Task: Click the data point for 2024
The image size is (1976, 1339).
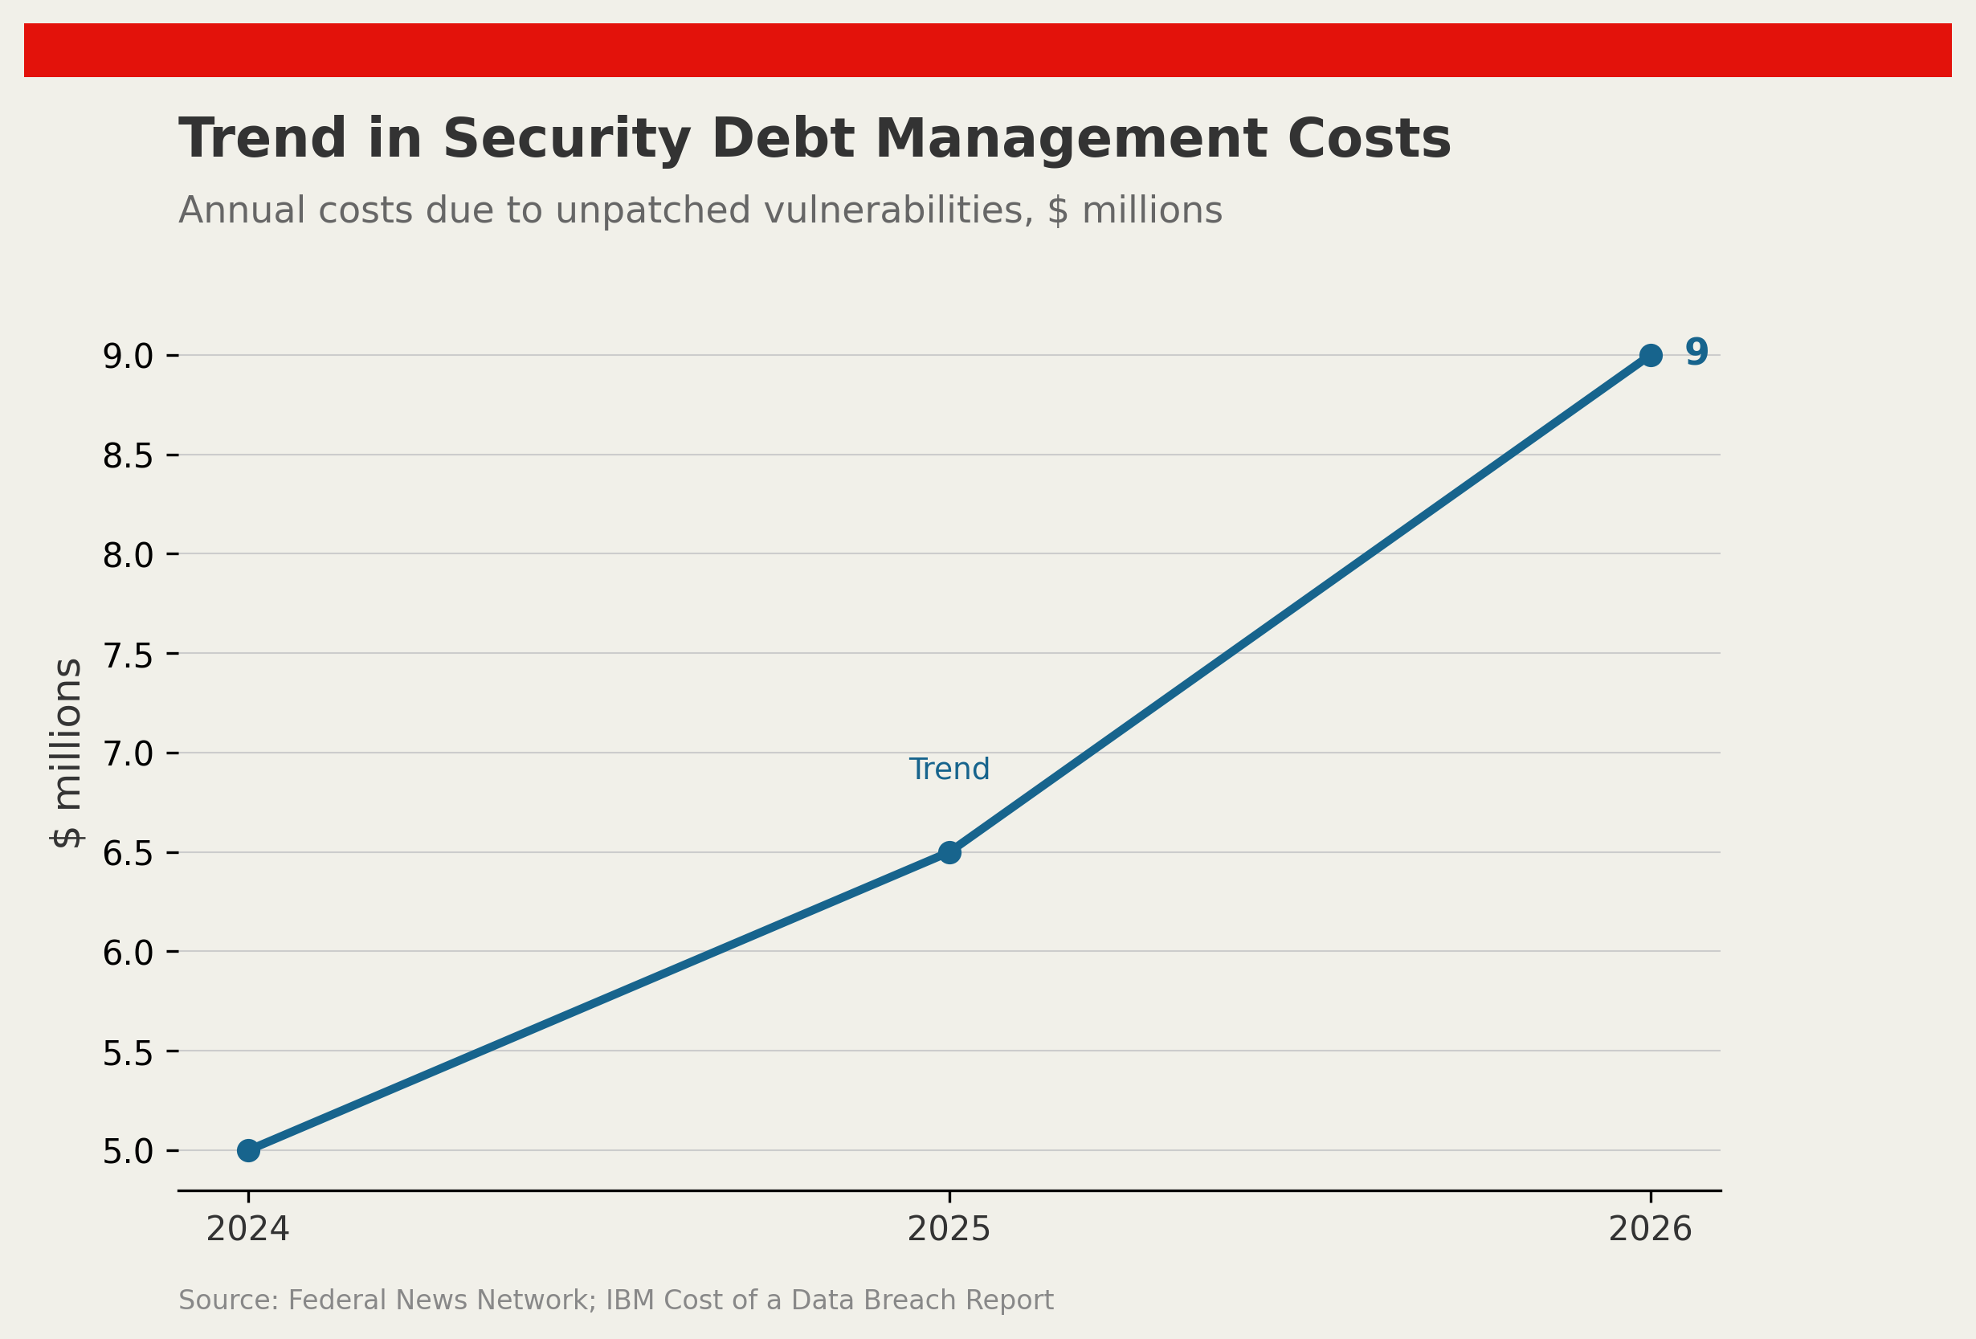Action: (248, 1150)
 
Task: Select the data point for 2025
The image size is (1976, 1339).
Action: (949, 852)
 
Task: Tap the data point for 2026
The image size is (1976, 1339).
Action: (1651, 355)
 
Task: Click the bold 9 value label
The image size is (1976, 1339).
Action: (1696, 352)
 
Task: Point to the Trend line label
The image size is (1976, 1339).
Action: (949, 770)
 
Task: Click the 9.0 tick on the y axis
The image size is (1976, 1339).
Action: (129, 356)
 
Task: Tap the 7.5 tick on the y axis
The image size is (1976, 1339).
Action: (129, 655)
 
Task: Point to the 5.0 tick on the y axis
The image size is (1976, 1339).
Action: (129, 1151)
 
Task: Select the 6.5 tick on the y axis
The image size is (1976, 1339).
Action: (129, 854)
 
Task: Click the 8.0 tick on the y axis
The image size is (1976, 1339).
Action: (129, 555)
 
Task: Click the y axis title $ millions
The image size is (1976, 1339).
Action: (67, 753)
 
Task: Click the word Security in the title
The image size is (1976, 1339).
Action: (566, 140)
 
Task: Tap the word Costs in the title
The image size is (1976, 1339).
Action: (1369, 140)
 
